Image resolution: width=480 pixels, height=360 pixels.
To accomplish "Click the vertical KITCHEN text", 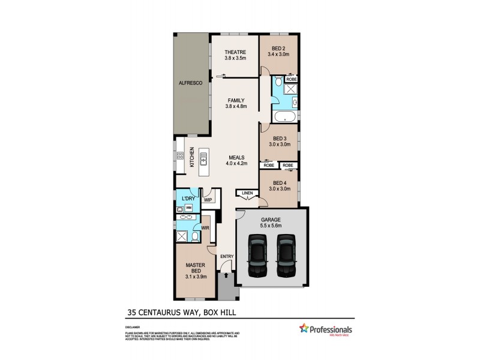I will [x=192, y=158].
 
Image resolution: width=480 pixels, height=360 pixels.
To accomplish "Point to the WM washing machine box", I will [x=188, y=207].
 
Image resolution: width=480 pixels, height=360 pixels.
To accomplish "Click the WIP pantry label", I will [x=208, y=200].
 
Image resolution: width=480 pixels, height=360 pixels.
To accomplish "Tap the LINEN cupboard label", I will [x=246, y=193].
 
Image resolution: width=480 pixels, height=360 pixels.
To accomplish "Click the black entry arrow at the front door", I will [x=226, y=277].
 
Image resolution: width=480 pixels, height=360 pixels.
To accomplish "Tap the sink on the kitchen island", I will [x=204, y=159].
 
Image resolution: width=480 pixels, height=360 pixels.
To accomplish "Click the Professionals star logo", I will [x=304, y=328].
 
